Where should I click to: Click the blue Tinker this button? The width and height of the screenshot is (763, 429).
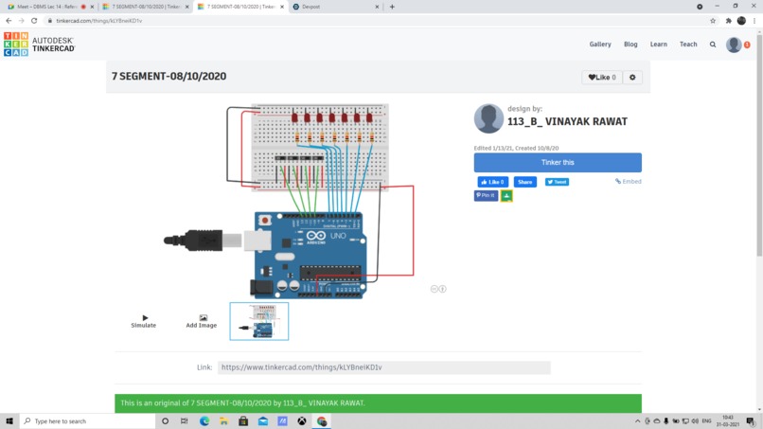click(557, 162)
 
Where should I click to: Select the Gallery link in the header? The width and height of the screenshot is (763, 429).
click(600, 45)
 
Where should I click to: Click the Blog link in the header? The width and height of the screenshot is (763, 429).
click(630, 45)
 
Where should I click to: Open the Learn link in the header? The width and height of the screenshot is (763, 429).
click(658, 45)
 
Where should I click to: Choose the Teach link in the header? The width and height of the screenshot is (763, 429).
click(688, 45)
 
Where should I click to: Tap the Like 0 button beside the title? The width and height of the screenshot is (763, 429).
click(601, 78)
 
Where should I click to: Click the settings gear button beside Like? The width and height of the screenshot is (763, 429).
click(632, 78)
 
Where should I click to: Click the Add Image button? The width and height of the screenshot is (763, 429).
click(201, 321)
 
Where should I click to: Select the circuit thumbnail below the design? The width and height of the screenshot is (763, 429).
click(259, 321)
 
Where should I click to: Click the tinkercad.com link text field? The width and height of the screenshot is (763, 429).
click(383, 367)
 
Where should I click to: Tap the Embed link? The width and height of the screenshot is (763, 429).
click(629, 181)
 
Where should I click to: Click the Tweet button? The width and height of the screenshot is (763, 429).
click(557, 182)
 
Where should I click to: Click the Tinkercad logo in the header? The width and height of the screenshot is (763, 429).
click(39, 45)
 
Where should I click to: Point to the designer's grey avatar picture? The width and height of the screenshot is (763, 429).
click(488, 118)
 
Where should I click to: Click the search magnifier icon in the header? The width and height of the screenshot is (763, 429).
click(713, 45)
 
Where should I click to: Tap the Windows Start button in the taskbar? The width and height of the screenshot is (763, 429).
click(9, 421)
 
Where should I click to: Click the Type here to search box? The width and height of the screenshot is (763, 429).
click(85, 421)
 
